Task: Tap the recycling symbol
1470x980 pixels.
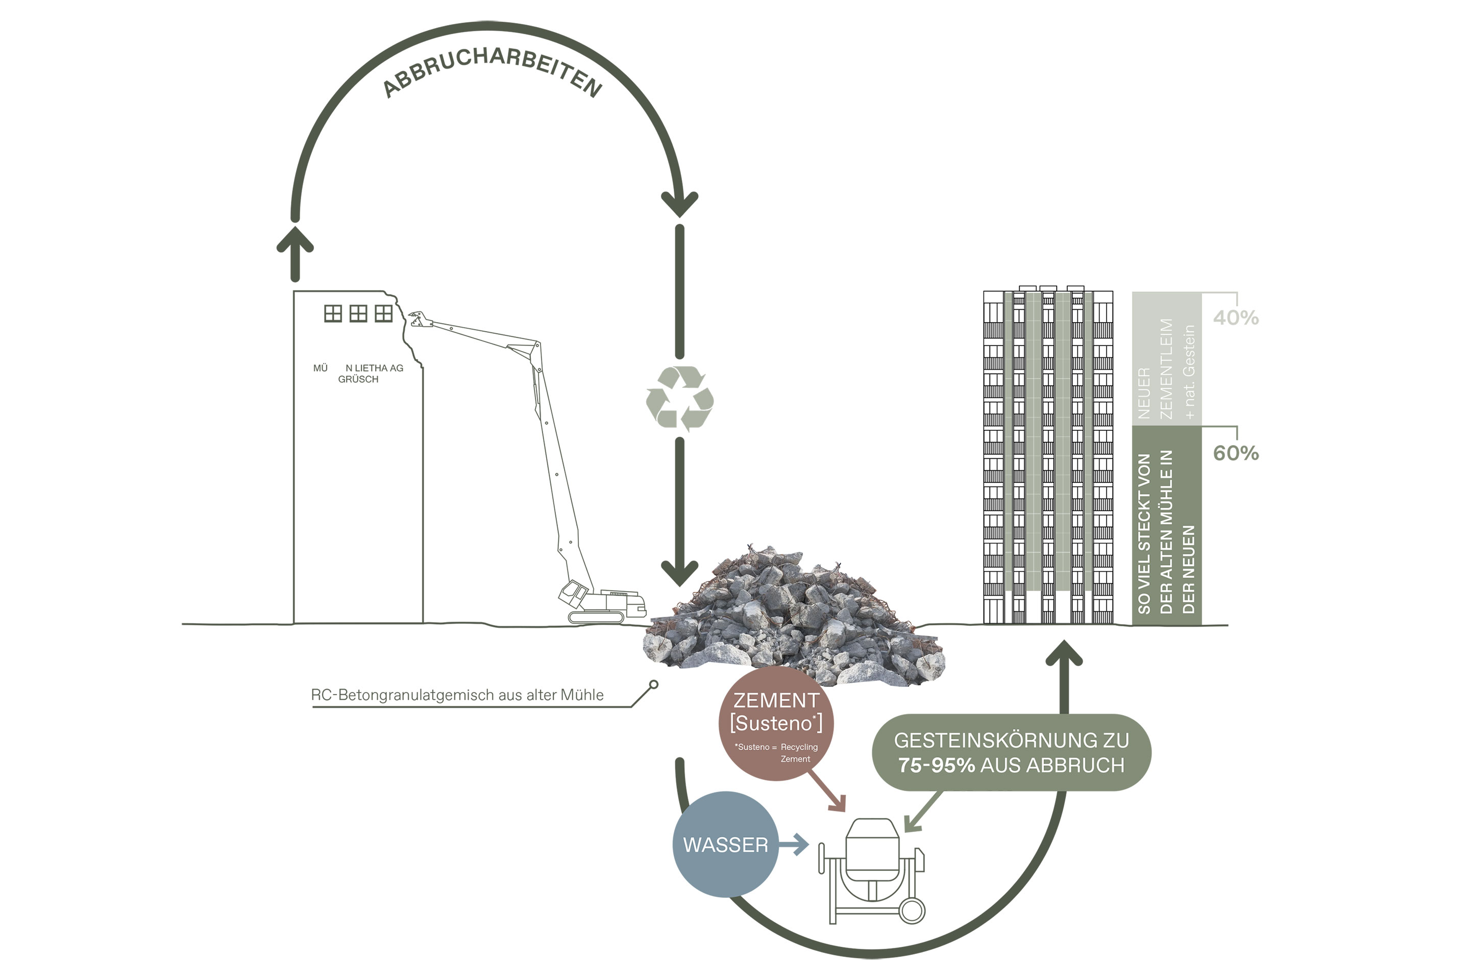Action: coord(680,399)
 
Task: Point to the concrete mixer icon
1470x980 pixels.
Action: coord(871,869)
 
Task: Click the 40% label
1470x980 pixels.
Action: coord(1236,318)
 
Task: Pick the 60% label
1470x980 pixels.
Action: coord(1236,453)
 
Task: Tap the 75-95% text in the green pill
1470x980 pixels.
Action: coord(936,765)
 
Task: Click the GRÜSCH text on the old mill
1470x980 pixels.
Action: coord(358,379)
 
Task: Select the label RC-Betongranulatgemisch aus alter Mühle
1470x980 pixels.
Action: coord(457,695)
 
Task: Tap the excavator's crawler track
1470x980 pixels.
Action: coord(596,618)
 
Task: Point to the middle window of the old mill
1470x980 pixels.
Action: coord(358,313)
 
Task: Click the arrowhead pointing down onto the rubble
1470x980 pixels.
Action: coord(680,572)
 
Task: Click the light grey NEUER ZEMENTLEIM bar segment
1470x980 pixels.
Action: coord(1166,359)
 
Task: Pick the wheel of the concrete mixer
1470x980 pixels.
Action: coord(911,910)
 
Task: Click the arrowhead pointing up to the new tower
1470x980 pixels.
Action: coord(1064,654)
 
